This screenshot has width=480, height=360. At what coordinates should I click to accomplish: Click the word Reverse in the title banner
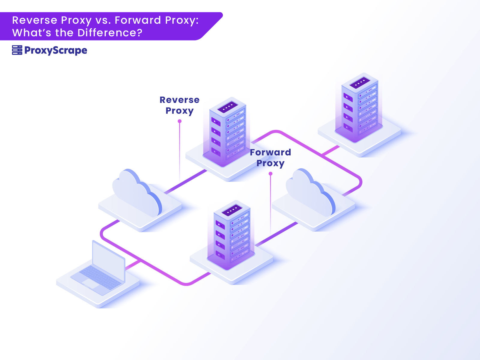tap(34, 20)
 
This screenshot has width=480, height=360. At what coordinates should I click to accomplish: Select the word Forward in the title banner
tap(138, 20)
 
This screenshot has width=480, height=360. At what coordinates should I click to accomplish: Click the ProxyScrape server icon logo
tap(17, 50)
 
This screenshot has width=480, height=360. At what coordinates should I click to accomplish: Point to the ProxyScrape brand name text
tap(56, 50)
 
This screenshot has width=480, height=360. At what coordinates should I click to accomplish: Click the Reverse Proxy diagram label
tap(179, 105)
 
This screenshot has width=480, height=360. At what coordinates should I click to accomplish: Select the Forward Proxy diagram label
tap(270, 158)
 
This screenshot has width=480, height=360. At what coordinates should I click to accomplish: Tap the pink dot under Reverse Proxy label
tap(180, 121)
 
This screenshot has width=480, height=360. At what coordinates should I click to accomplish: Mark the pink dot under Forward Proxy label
tap(271, 173)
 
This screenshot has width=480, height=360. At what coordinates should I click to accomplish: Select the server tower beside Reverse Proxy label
tap(227, 132)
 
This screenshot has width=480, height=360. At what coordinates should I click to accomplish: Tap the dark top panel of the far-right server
tap(359, 82)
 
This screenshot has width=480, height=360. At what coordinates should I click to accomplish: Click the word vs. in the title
tap(103, 20)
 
